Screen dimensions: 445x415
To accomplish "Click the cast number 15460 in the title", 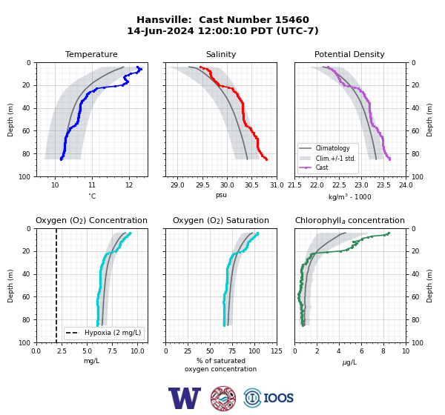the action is tap(292, 20).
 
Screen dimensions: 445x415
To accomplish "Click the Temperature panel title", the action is tap(91, 54).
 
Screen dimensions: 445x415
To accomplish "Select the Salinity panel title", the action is tap(221, 54).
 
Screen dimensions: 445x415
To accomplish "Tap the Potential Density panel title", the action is tap(349, 54).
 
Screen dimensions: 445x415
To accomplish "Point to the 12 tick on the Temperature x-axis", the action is tap(129, 185).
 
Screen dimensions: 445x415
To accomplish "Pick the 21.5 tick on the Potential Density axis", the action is tap(294, 185).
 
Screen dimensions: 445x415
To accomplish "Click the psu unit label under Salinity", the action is tap(221, 195).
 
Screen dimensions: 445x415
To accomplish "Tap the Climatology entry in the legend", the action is tap(332, 148).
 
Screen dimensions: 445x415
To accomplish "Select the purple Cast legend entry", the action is tap(322, 167).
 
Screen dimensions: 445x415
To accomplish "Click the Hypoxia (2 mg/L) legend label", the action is tap(113, 333).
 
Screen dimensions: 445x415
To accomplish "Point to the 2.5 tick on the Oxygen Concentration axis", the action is tap(62, 351).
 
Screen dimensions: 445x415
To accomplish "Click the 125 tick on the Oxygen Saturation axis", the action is tap(277, 351).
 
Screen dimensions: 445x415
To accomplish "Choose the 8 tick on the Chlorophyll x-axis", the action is tap(383, 351).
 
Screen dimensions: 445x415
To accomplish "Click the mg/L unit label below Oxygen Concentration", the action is tap(91, 361).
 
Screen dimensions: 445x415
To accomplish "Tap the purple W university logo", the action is tap(185, 398).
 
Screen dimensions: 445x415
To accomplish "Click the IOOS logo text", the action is tap(278, 398).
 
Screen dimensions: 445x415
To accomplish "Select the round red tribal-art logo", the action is tap(223, 398).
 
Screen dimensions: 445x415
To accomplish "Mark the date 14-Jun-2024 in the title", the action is tap(160, 30).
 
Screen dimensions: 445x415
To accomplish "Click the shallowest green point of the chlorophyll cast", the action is tap(389, 233).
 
